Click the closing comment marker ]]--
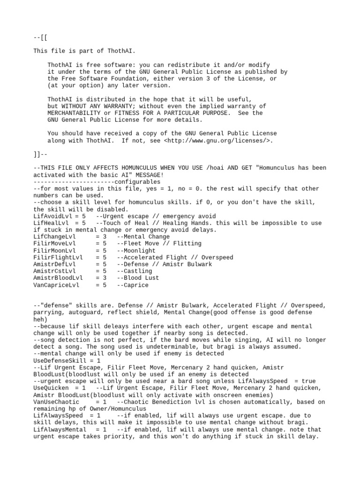(x=41, y=154)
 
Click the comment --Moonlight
(x=136, y=251)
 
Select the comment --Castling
(x=135, y=271)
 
